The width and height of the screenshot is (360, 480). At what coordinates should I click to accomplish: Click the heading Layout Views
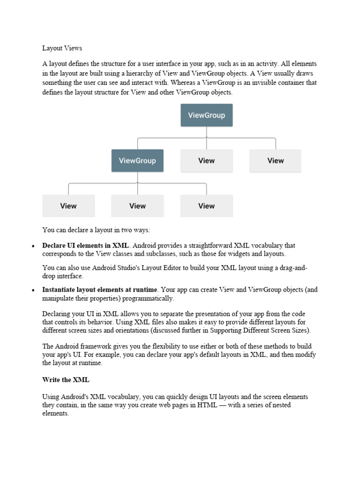62,48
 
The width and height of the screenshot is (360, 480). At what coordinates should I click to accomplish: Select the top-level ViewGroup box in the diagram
206,115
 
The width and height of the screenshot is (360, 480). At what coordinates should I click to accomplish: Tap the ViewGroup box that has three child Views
137,161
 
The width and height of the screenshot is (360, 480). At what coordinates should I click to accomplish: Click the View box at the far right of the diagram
275,161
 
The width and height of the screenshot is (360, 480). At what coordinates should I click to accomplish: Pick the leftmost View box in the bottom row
68,206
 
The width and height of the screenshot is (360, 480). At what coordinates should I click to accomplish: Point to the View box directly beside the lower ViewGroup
206,161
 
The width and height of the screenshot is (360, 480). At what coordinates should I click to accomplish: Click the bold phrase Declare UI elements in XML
85,245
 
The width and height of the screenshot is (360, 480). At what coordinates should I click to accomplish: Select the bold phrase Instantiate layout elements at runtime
100,290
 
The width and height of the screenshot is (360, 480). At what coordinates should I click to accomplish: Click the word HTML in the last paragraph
207,405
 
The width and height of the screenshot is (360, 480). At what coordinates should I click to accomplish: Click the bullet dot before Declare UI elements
33,246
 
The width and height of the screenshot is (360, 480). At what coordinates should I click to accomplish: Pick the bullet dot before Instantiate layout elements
33,291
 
